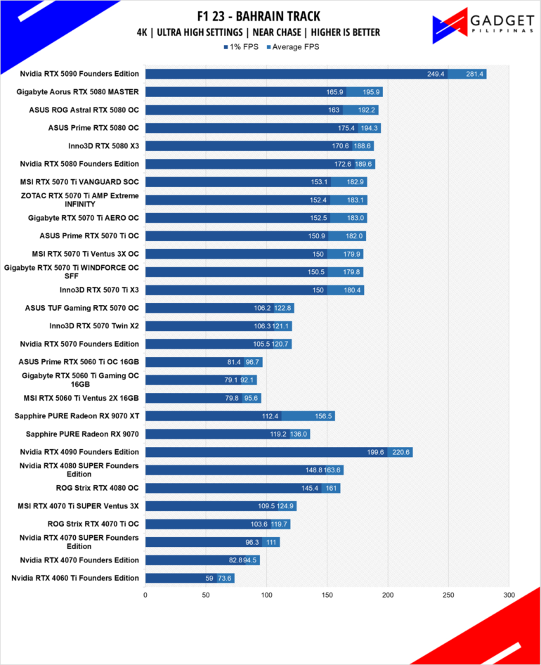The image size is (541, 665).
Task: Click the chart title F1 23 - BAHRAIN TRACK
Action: pyautogui.click(x=259, y=16)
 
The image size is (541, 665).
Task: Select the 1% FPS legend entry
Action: pyautogui.click(x=241, y=46)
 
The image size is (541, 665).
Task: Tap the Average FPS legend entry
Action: pyautogui.click(x=292, y=46)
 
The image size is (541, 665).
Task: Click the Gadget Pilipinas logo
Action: pyautogui.click(x=483, y=26)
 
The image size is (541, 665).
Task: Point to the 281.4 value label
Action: pyautogui.click(x=474, y=74)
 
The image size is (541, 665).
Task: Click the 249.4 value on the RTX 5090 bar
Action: pyautogui.click(x=436, y=74)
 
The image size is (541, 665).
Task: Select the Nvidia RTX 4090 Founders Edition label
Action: pyautogui.click(x=79, y=452)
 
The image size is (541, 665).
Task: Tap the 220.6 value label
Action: pyautogui.click(x=400, y=452)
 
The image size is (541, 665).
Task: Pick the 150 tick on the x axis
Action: pyautogui.click(x=327, y=595)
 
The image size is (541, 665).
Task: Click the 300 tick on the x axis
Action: pyautogui.click(x=509, y=595)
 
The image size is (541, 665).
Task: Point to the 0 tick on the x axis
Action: pyautogui.click(x=145, y=595)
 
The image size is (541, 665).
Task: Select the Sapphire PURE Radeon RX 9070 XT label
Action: pyautogui.click(x=77, y=415)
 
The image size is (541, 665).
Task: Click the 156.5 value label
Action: pyautogui.click(x=323, y=416)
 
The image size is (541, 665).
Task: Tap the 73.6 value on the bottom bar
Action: pyautogui.click(x=224, y=578)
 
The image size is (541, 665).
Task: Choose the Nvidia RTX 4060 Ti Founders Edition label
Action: pyautogui.click(x=75, y=578)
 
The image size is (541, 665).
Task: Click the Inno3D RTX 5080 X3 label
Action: pyautogui.click(x=103, y=146)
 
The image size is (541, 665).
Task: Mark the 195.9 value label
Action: pyautogui.click(x=371, y=92)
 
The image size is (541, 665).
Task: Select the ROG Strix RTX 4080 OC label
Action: pyautogui.click(x=97, y=488)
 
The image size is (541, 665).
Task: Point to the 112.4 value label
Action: pyautogui.click(x=270, y=416)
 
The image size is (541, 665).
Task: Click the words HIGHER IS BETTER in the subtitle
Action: pyautogui.click(x=345, y=32)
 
